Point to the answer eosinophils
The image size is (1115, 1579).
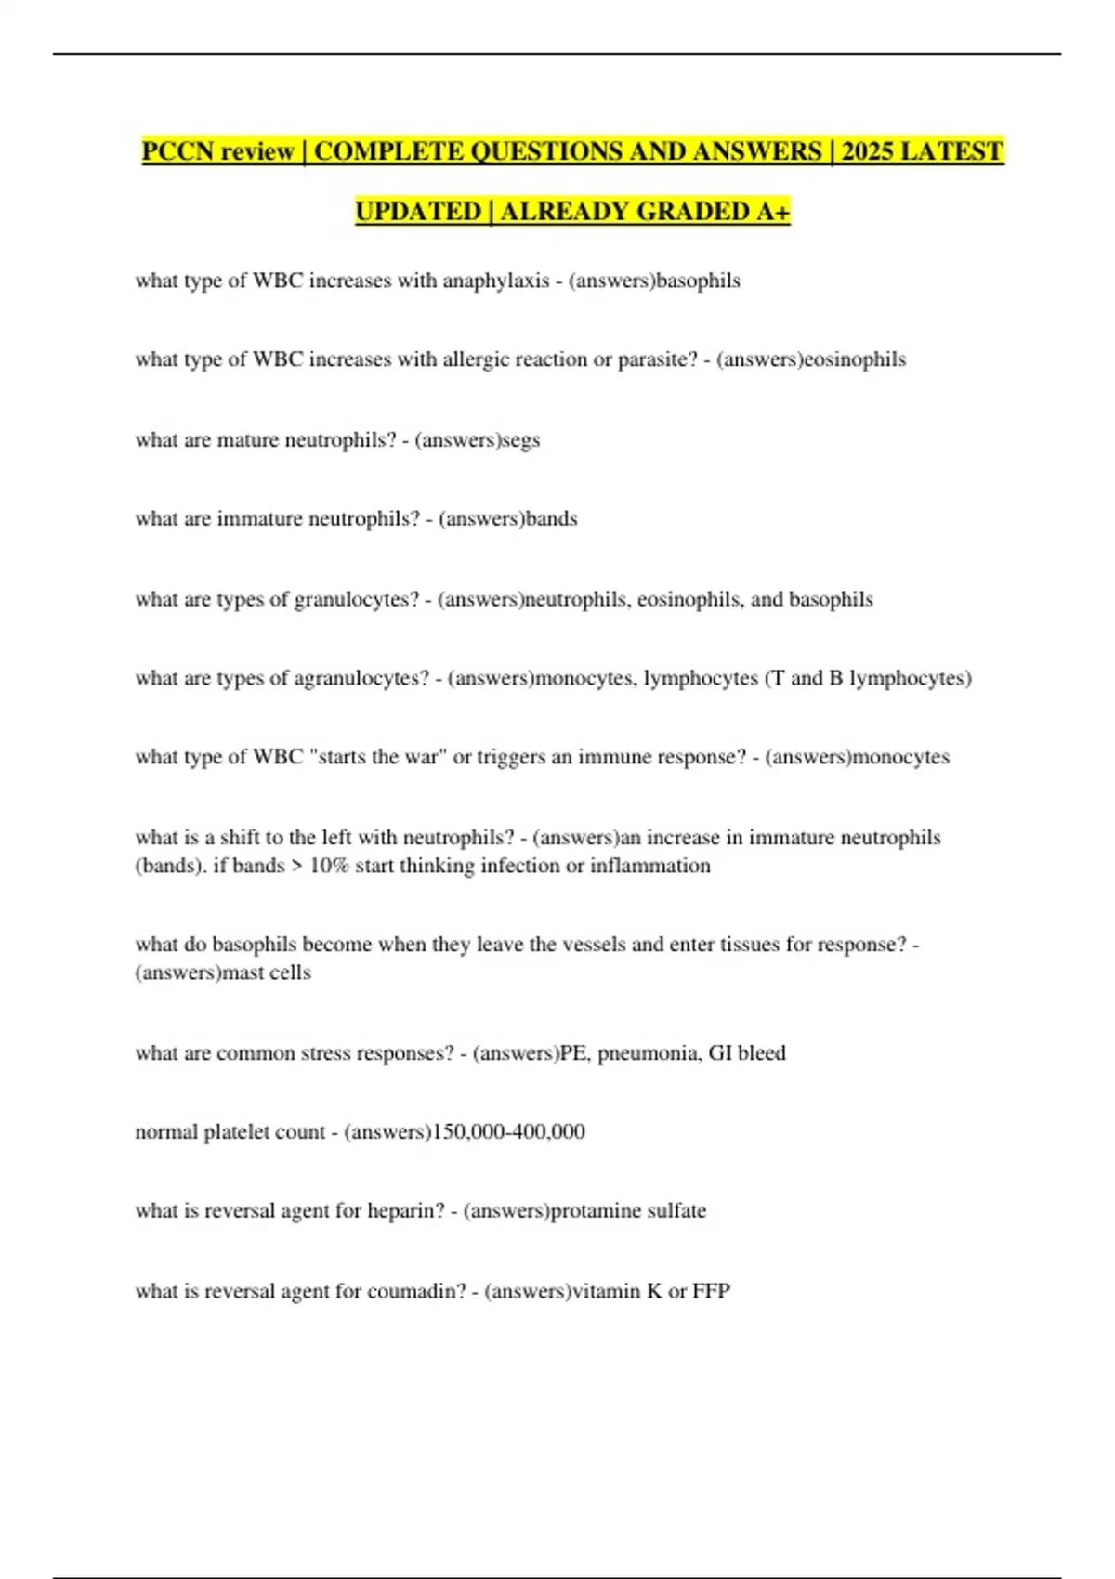pos(854,359)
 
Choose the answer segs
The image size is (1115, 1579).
pos(520,439)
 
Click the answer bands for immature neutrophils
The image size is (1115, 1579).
pos(552,518)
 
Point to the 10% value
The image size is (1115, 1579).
pos(329,866)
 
